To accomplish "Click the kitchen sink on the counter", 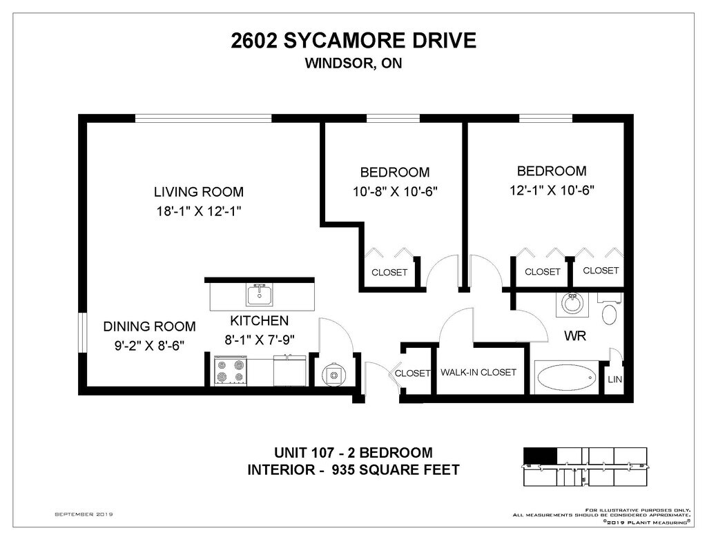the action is (260, 295).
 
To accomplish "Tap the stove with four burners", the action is (231, 371).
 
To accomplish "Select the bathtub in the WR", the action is (567, 377).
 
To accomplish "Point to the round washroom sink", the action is (572, 304).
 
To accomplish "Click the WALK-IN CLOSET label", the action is (478, 373).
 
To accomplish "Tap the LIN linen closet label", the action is (614, 379).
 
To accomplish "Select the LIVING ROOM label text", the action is (199, 192).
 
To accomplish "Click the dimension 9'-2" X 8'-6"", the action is (149, 346).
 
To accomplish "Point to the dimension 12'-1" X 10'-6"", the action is (552, 191).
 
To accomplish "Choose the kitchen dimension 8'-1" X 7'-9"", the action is (260, 340).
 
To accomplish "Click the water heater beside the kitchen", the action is (334, 373).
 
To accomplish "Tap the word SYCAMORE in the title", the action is (343, 41).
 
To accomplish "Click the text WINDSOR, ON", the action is (353, 63).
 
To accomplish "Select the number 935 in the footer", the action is (345, 470).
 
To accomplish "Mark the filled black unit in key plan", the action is (540, 456).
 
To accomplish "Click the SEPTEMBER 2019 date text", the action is (84, 514).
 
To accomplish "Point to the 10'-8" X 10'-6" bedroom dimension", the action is (396, 192).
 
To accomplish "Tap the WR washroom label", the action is (575, 336).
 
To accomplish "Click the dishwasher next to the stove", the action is (289, 371).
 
